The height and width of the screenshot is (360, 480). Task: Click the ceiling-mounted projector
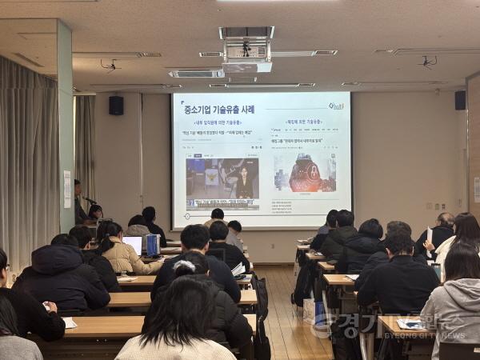click(x=246, y=50)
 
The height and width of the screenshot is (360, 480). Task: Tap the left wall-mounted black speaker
click(x=116, y=105)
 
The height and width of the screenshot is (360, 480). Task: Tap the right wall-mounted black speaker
click(x=460, y=100)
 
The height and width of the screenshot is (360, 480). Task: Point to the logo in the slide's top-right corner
click(x=336, y=106)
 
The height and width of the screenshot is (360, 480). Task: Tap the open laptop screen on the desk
click(x=134, y=244)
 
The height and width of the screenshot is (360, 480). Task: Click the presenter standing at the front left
click(x=78, y=202)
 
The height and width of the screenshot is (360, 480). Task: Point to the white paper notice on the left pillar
click(x=67, y=189)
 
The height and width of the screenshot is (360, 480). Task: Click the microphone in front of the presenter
click(x=90, y=201)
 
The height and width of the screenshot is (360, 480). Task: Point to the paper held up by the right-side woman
click(x=430, y=237)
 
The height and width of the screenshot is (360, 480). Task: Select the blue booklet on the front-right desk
click(x=413, y=324)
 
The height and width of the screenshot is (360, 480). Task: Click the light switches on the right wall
click(x=477, y=189)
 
